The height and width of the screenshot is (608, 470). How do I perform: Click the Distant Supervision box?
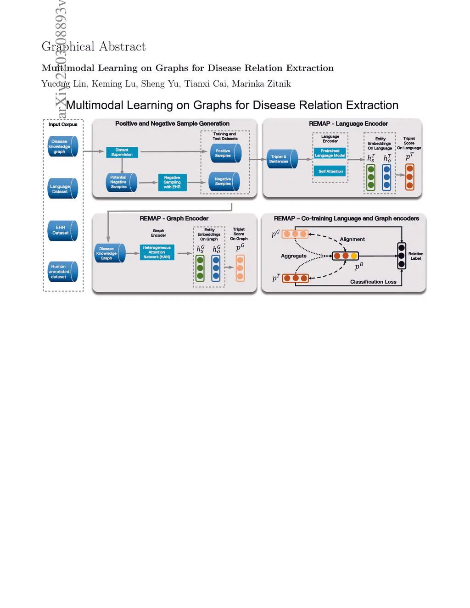pos(122,152)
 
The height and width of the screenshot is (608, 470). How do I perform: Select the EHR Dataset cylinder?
pos(62,230)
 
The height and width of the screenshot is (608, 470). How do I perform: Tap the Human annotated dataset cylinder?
pos(62,272)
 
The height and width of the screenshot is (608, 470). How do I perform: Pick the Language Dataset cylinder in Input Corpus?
pos(62,189)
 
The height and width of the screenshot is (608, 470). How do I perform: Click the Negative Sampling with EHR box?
pos(172,182)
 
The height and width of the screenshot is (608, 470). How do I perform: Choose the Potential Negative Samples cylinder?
pos(121,182)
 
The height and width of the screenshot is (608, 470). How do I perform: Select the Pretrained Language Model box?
pos(330,153)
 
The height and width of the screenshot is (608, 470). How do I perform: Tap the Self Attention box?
pos(330,172)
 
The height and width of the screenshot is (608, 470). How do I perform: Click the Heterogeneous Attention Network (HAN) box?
pos(157,252)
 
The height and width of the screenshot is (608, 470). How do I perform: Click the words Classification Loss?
pos(373,282)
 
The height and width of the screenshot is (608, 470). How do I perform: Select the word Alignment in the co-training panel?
pos(352,240)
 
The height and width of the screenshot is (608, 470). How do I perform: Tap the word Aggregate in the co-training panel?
pos(294,256)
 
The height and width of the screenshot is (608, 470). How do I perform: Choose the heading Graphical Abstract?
pos(94,47)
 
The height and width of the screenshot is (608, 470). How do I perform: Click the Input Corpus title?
pos(63,124)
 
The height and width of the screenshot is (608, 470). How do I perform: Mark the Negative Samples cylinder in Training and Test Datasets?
pos(224,182)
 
